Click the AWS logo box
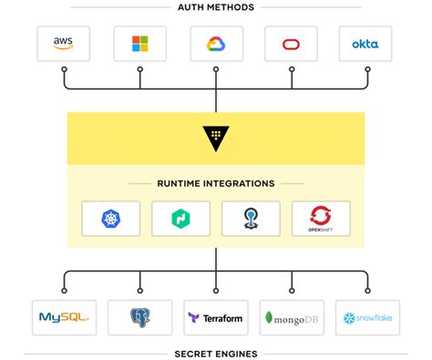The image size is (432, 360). click(x=64, y=44)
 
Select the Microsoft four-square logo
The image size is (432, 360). click(x=139, y=44)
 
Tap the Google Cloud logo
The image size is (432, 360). click(x=216, y=44)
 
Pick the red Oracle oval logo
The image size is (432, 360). click(x=291, y=44)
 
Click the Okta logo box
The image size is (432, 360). click(x=365, y=44)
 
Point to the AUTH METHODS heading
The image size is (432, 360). click(x=215, y=7)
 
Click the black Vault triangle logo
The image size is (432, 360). click(x=216, y=138)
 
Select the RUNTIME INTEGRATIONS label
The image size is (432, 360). click(x=215, y=183)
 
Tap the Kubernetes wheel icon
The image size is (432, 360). click(x=111, y=218)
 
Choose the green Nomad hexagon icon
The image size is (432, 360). click(x=180, y=218)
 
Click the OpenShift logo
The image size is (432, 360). click(x=320, y=219)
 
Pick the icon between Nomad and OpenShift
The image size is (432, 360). click(x=251, y=218)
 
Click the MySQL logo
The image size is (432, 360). click(x=64, y=318)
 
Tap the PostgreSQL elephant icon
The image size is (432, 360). click(x=139, y=318)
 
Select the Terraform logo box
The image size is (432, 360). click(x=216, y=318)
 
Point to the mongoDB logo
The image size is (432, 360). click(x=292, y=318)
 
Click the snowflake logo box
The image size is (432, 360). click(x=367, y=318)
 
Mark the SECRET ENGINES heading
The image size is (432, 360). click(x=215, y=354)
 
